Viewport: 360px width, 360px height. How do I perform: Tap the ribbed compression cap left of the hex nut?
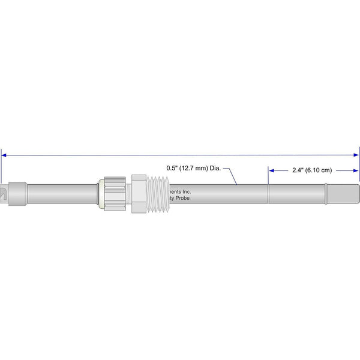tap(114, 193)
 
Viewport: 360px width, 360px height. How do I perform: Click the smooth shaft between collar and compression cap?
tap(63, 193)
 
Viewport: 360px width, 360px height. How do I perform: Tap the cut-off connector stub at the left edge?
tap(3, 193)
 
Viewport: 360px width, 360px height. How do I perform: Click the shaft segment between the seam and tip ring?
tap(296, 193)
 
